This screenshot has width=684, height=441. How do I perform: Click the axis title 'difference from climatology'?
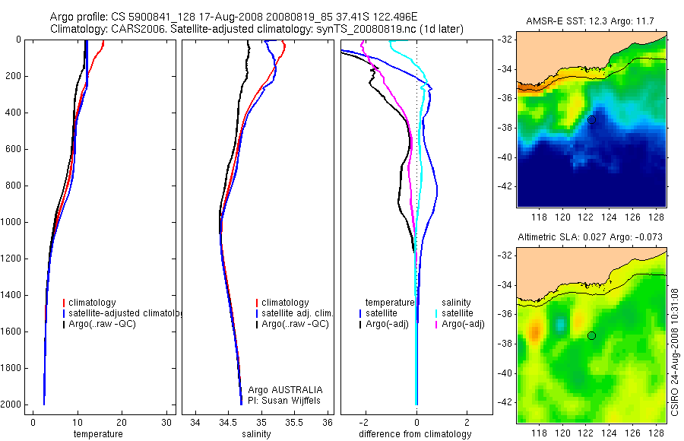click(416, 434)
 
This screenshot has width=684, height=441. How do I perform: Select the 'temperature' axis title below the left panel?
click(97, 434)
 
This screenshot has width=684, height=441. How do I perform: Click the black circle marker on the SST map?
click(591, 119)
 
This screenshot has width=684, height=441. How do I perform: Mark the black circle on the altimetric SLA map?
click(591, 335)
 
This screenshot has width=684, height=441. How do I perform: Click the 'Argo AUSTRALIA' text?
click(280, 389)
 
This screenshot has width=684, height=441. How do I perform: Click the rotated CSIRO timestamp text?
click(676, 351)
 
